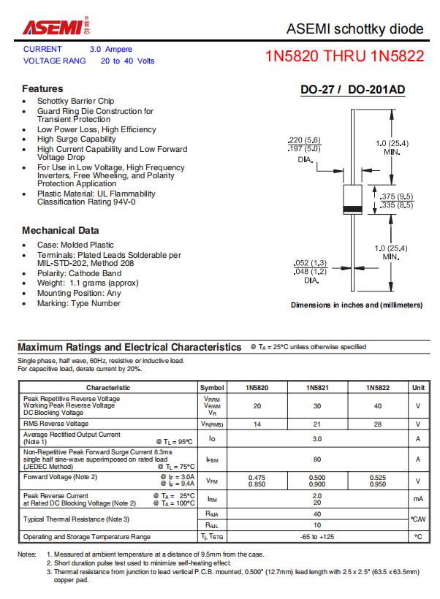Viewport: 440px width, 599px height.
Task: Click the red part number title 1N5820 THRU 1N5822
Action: (344, 56)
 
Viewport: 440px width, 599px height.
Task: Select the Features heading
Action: (42, 88)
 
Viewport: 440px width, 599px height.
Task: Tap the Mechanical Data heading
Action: (61, 230)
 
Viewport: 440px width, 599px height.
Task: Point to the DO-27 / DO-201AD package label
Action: (353, 90)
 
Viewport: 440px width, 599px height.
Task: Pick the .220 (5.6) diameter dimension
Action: (304, 140)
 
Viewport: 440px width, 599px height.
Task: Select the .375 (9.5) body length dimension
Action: (398, 196)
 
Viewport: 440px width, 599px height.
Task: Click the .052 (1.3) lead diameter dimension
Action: (311, 262)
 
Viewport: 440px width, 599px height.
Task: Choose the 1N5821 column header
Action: (317, 387)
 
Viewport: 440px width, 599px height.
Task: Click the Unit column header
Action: (418, 387)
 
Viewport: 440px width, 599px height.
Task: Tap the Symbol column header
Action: (212, 387)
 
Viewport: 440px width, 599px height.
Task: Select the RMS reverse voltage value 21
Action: (317, 424)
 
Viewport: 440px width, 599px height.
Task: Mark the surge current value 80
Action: (317, 459)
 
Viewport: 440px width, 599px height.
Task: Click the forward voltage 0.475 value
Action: (257, 478)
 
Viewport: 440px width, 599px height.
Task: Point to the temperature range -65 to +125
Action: (317, 537)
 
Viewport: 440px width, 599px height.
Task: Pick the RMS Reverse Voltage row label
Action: (56, 424)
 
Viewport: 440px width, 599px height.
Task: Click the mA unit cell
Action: (418, 499)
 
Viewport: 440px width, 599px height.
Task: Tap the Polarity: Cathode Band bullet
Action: (80, 273)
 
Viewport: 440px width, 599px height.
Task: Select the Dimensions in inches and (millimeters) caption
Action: (357, 305)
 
